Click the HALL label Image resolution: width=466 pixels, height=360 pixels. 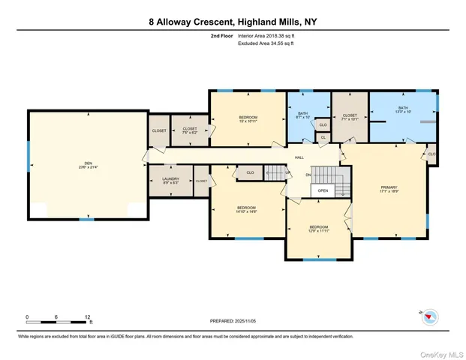pos(299,157)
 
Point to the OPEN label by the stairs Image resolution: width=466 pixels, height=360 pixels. pos(323,190)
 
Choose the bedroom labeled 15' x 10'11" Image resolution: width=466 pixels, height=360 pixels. pos(248,120)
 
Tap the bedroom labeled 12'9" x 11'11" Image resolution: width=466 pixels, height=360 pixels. pos(319,229)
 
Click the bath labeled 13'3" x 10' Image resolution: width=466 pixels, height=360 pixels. pos(403,109)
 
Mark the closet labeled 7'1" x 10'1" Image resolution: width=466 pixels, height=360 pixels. pos(350,117)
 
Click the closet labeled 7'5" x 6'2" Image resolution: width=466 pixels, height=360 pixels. pos(189,130)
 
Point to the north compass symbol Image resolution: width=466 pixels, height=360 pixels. pos(429,316)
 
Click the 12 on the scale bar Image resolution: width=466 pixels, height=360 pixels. pos(89,316)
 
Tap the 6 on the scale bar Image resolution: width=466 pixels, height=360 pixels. pos(56,316)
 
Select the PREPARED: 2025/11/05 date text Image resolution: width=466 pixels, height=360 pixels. pos(233,321)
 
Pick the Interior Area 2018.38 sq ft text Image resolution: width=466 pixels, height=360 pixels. pos(269,35)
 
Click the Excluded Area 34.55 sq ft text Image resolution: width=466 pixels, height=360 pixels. pos(267,43)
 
